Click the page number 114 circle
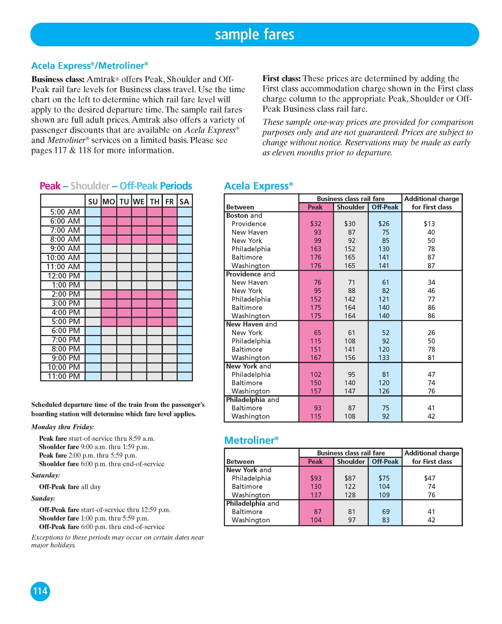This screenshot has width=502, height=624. (x=40, y=591)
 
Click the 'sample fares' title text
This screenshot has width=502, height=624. (x=254, y=34)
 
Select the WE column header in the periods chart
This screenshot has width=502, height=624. (x=139, y=202)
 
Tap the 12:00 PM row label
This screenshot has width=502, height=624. (x=64, y=276)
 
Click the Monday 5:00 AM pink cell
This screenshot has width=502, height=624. (x=109, y=212)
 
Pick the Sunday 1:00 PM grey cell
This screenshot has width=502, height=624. (x=93, y=285)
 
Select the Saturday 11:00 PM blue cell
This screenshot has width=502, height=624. (x=184, y=376)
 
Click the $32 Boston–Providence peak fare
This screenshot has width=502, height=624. (x=315, y=224)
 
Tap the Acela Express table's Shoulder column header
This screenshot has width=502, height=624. (x=350, y=207)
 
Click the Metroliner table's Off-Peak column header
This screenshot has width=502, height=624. (x=385, y=462)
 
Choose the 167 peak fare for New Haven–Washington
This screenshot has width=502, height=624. (x=315, y=358)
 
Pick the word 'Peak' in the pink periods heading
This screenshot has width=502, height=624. (x=50, y=186)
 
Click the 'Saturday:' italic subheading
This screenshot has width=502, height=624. (x=46, y=475)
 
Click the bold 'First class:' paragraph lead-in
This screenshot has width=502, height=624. (x=281, y=79)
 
